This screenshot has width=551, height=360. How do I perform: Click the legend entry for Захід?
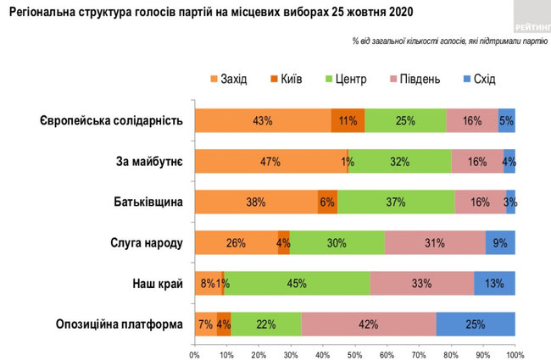click(228, 79)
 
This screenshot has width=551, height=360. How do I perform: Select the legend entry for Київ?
click(288, 79)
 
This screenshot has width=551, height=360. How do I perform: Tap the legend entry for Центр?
click(347, 79)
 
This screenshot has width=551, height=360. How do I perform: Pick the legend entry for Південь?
click(415, 79)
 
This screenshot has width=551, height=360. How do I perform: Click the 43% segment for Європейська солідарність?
click(263, 121)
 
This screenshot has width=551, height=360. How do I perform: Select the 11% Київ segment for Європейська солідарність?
click(348, 121)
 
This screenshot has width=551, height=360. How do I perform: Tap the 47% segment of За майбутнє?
click(270, 162)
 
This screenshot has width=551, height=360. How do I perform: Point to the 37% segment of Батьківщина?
click(396, 202)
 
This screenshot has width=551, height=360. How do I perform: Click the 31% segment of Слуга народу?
click(435, 243)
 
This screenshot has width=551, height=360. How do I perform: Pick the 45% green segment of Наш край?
click(297, 284)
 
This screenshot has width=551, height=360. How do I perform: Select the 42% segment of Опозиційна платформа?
click(369, 324)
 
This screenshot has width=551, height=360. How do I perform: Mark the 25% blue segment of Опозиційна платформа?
click(476, 324)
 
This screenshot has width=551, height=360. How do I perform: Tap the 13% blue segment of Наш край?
click(494, 284)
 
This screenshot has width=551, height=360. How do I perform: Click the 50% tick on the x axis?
click(354, 352)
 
